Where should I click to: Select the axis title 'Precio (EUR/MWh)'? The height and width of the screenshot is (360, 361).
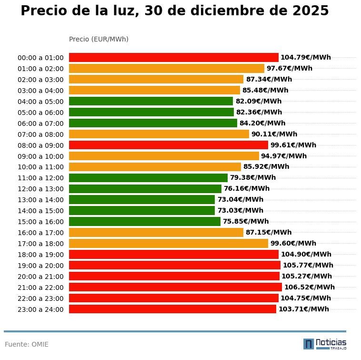pos(99,39)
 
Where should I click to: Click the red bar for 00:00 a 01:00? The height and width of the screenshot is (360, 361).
pos(173,57)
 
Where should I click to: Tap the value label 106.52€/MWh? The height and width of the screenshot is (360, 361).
pos(309,287)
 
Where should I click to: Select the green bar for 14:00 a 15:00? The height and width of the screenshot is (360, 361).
pos(142,211)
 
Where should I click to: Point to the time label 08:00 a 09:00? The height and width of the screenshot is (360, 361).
pos(40,145)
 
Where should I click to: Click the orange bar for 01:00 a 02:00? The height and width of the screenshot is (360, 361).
pos(166,68)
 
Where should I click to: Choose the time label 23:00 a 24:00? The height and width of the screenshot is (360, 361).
pos(40,309)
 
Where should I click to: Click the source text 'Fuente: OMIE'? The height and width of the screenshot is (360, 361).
pos(27,344)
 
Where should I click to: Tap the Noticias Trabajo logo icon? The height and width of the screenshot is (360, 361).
pos(309,344)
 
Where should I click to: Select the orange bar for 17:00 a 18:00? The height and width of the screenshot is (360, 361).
pos(168,244)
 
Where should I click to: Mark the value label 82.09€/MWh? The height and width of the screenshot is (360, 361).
pos(258,101)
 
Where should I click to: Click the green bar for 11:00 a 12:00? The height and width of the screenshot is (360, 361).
pos(148,178)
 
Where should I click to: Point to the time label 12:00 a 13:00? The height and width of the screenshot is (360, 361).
pos(40,189)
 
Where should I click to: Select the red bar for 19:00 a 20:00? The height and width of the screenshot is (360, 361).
pos(174,265)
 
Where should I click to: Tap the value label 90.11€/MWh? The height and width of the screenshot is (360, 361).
pos(274,134)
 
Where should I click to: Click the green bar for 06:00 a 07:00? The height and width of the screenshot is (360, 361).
pos(153,123)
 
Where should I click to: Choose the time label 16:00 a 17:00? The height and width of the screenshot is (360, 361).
pos(40,233)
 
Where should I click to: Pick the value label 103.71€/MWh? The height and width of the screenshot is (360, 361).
pos(303,309)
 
